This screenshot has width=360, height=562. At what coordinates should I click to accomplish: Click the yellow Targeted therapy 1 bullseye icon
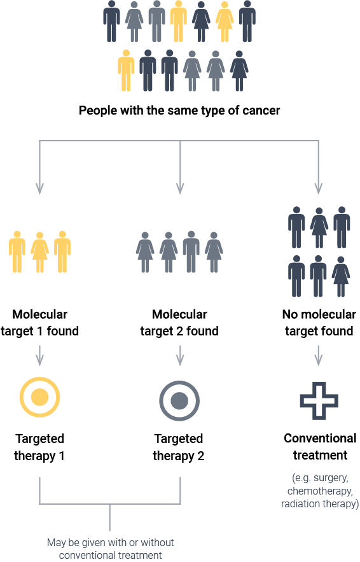[39, 397]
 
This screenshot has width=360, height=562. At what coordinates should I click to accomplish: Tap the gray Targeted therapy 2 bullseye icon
[179, 401]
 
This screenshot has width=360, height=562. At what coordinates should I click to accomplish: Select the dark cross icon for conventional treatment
[319, 401]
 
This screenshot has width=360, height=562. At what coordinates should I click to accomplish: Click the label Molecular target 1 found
[39, 323]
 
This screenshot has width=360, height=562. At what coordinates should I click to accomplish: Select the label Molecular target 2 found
[179, 323]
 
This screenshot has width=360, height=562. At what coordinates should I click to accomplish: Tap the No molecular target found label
[319, 323]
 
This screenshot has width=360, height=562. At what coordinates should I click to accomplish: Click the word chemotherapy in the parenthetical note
[320, 491]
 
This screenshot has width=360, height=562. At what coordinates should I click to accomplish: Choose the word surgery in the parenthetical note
[331, 478]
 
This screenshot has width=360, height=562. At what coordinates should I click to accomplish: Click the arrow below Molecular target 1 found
[40, 356]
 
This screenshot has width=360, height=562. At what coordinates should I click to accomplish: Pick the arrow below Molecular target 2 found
[180, 356]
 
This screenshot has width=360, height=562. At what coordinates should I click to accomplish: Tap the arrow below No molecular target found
[319, 356]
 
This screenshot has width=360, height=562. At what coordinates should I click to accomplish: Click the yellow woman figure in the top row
[225, 22]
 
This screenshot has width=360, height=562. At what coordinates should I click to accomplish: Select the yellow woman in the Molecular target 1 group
[40, 252]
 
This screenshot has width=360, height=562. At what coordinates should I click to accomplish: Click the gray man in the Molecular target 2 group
[191, 251]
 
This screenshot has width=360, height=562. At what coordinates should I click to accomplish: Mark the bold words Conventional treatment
[320, 447]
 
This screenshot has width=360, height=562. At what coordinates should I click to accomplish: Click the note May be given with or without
[110, 542]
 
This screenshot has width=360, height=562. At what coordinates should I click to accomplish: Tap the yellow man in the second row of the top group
[126, 70]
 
